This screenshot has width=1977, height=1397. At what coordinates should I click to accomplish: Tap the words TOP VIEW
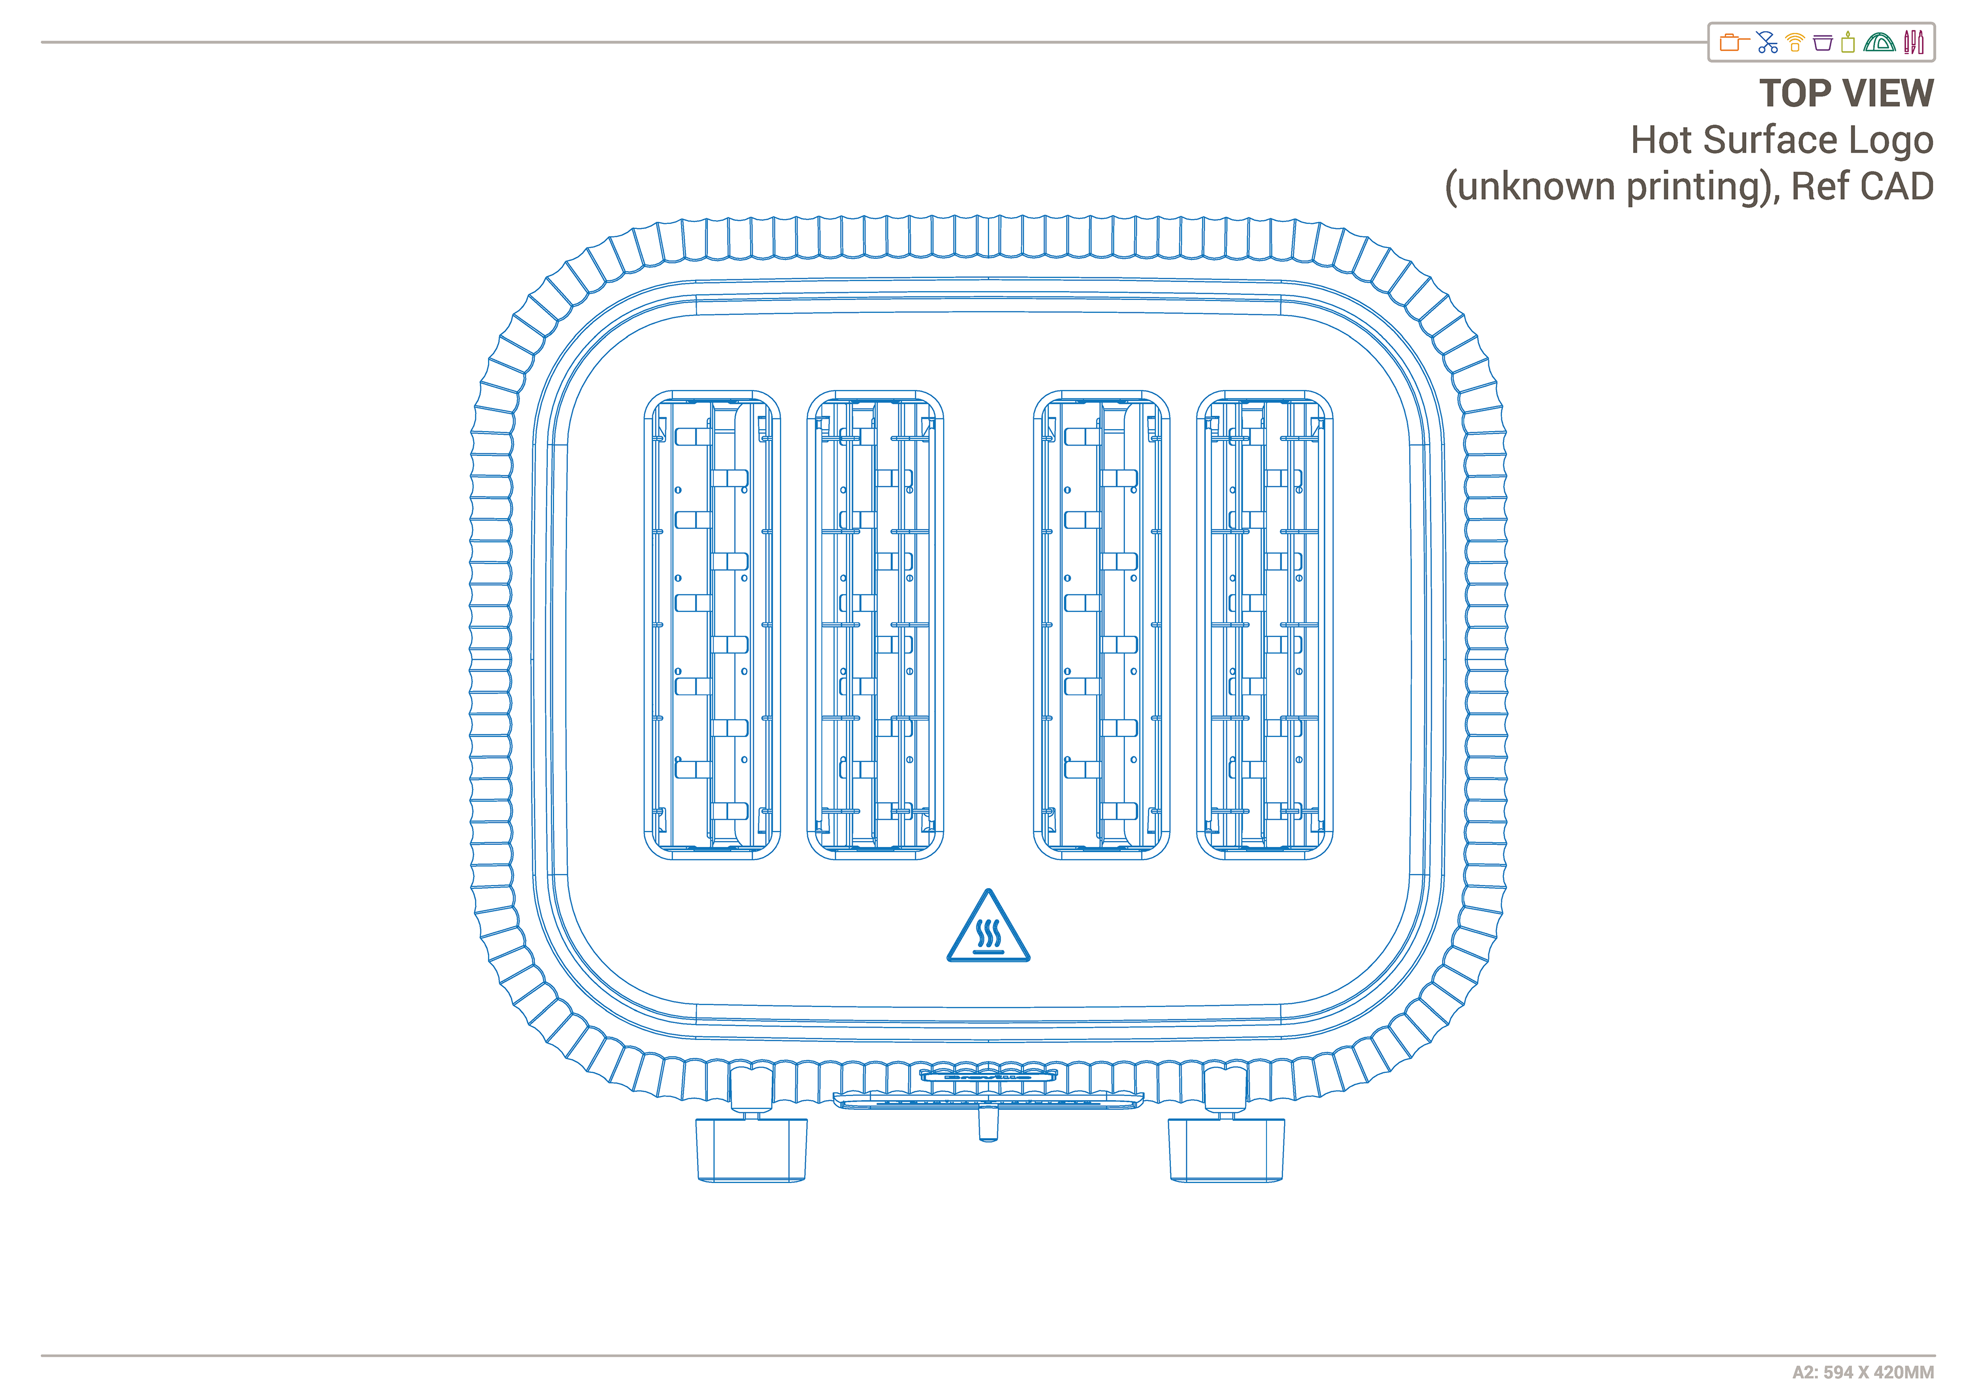[x=1846, y=93]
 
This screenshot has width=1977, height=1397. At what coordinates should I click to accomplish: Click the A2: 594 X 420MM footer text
[x=1863, y=1372]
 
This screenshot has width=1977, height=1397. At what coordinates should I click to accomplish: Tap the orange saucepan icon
[x=1732, y=42]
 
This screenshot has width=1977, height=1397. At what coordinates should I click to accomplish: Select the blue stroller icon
[x=1767, y=42]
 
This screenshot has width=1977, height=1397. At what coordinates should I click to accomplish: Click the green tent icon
[x=1879, y=42]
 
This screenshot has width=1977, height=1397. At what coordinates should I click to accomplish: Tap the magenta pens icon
[x=1913, y=42]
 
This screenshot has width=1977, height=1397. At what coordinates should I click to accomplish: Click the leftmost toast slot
[x=712, y=625]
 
